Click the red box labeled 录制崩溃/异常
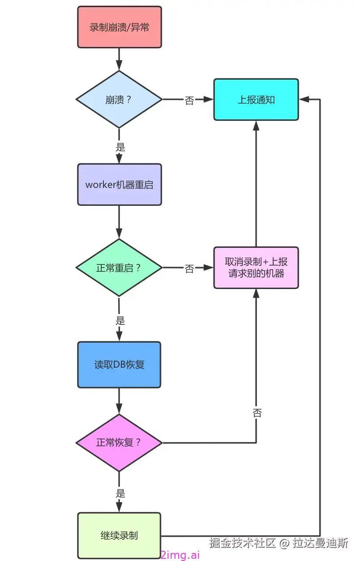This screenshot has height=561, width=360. tap(119, 27)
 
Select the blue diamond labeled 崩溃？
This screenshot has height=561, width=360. tap(119, 99)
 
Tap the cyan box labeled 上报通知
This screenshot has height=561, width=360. tap(256, 100)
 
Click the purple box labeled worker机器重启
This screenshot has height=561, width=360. tap(119, 184)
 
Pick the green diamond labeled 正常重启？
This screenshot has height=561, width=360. tap(119, 268)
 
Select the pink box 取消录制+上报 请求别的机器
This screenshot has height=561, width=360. tap(256, 268)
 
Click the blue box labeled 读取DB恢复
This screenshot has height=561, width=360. tap(119, 365)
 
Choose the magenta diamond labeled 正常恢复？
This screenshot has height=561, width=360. tap(119, 442)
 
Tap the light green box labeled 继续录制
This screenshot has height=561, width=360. tap(119, 535)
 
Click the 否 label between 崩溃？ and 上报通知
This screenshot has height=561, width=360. tap(189, 100)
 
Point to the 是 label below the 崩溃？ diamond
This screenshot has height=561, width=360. tap(120, 147)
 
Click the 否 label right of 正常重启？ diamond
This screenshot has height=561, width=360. tap(189, 268)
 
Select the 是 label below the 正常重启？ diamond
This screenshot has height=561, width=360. tap(120, 320)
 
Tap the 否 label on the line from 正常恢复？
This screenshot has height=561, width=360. tap(257, 412)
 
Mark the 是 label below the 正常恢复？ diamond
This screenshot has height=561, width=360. tap(120, 493)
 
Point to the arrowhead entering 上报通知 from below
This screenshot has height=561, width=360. tap(256, 125)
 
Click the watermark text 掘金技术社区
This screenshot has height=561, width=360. tap(242, 543)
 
